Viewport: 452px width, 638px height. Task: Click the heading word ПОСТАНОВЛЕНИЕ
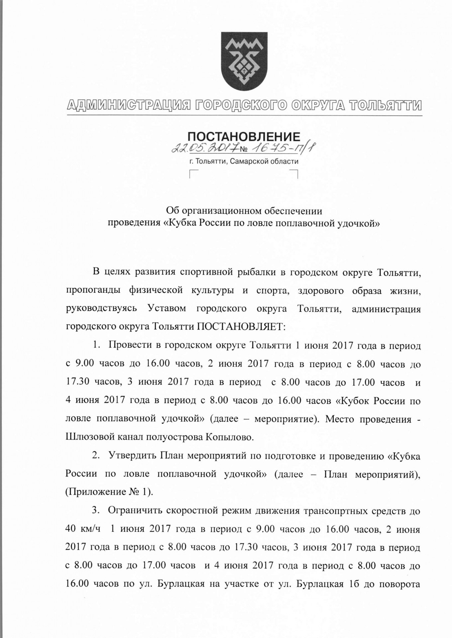point(244,137)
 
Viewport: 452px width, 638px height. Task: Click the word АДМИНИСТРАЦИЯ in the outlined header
point(130,105)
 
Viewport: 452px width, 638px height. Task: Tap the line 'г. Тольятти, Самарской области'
point(244,162)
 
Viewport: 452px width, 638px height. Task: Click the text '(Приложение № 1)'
point(109,492)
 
